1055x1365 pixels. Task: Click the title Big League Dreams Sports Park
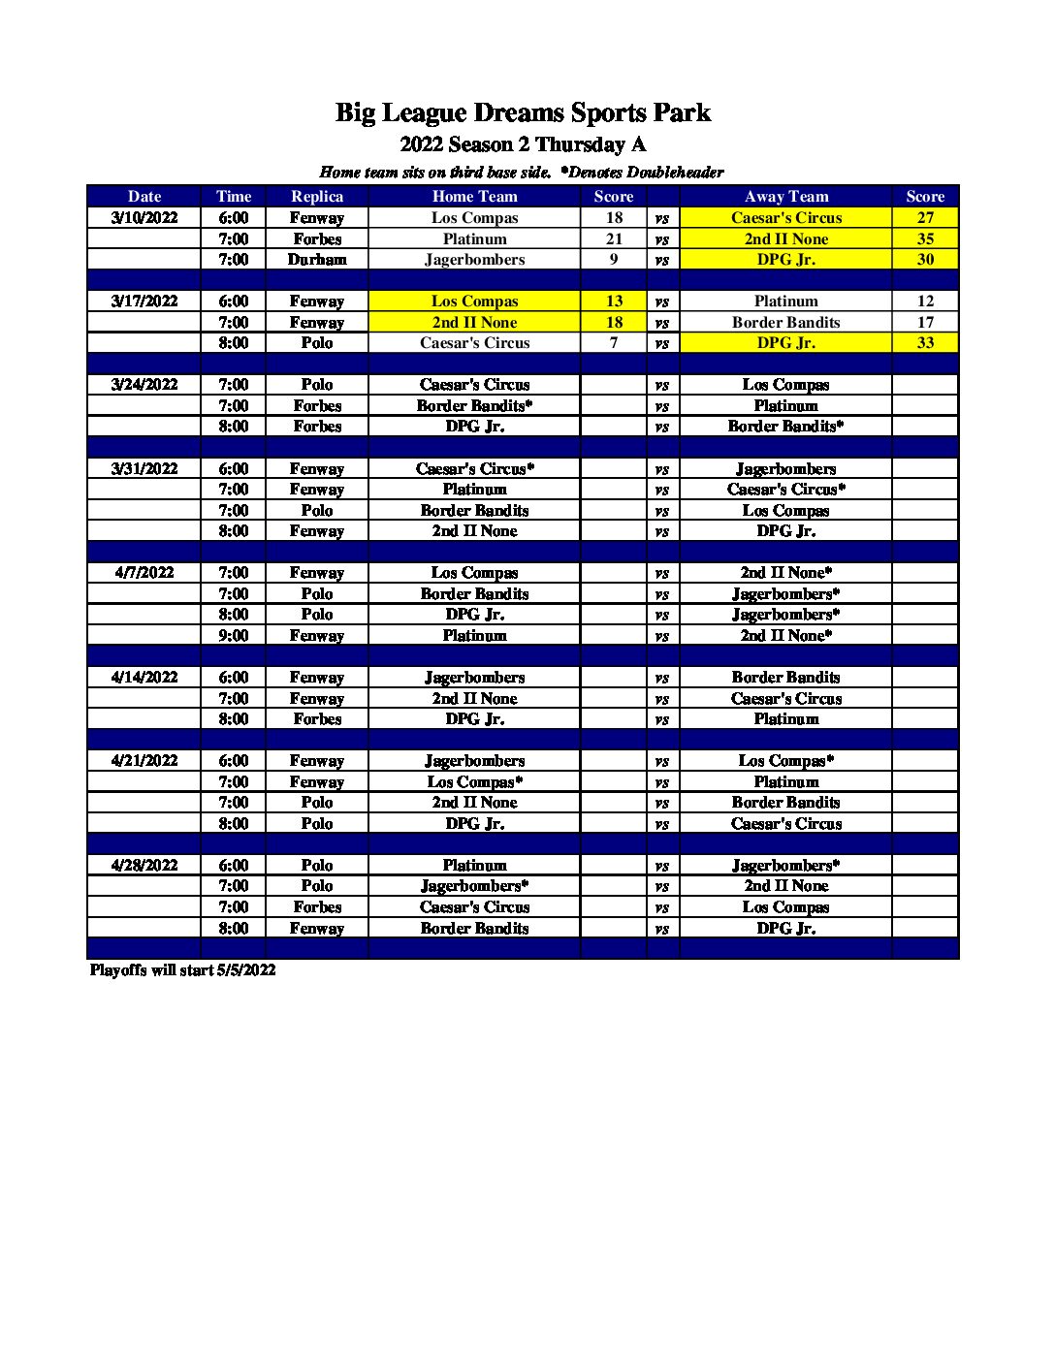(x=523, y=112)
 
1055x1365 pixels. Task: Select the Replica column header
(x=317, y=196)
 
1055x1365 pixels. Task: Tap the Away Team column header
(x=785, y=196)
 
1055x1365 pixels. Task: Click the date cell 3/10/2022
(x=144, y=217)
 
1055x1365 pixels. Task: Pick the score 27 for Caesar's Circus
(x=925, y=217)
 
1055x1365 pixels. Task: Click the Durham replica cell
(x=317, y=259)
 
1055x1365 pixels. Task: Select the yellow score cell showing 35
(x=925, y=238)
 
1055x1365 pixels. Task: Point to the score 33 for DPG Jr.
(x=925, y=342)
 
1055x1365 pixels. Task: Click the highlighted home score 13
(x=614, y=301)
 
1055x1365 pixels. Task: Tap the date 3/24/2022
(x=144, y=384)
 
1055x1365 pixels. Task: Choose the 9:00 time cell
(x=233, y=635)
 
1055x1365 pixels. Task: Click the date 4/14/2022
(x=144, y=677)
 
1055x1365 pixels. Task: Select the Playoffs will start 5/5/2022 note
(x=182, y=969)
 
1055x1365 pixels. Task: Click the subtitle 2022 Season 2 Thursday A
(x=523, y=144)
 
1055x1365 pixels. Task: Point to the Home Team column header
(x=474, y=196)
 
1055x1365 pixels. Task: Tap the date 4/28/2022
(x=144, y=865)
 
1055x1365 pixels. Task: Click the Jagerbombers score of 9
(x=614, y=259)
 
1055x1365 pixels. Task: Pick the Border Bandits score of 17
(x=925, y=322)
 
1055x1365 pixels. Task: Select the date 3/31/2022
(x=144, y=468)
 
